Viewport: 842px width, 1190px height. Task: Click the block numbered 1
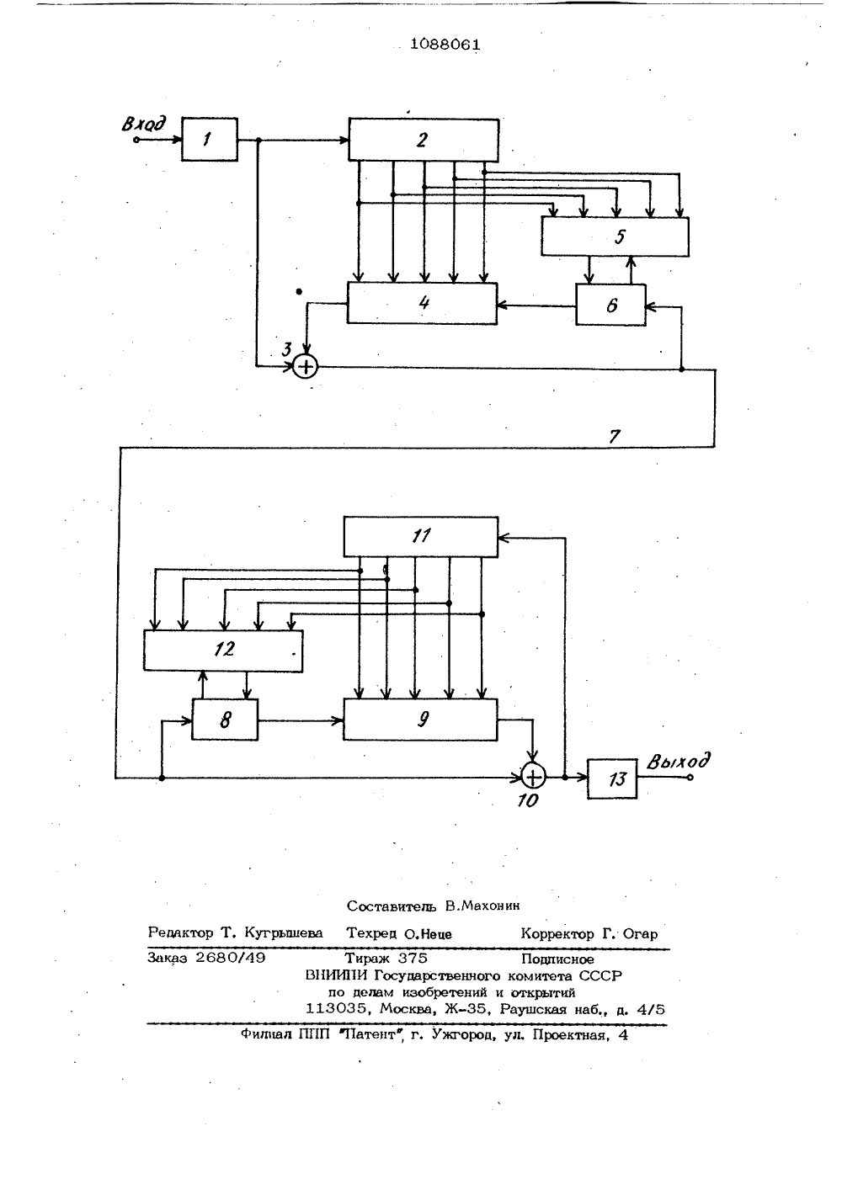[210, 139]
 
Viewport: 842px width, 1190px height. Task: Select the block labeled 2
[424, 140]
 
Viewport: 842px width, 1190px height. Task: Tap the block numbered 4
[422, 303]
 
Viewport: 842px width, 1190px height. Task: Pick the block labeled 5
[615, 236]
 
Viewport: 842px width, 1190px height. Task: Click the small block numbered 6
[610, 305]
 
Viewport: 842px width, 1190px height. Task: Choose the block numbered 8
[225, 720]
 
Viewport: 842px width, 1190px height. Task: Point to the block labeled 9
[420, 720]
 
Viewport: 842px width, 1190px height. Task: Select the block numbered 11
[420, 537]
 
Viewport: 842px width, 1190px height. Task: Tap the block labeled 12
[223, 651]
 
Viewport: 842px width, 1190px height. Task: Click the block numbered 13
[612, 778]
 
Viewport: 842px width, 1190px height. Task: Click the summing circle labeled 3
[305, 367]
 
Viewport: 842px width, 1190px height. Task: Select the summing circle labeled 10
[533, 778]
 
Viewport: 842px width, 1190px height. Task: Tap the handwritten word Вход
[143, 124]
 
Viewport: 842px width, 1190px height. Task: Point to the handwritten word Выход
[679, 762]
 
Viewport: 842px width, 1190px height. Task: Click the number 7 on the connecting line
[615, 436]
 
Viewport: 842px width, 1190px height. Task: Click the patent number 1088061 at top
[445, 45]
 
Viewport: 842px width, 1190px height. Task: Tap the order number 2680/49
[231, 958]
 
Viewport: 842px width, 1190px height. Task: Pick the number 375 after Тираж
[413, 958]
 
